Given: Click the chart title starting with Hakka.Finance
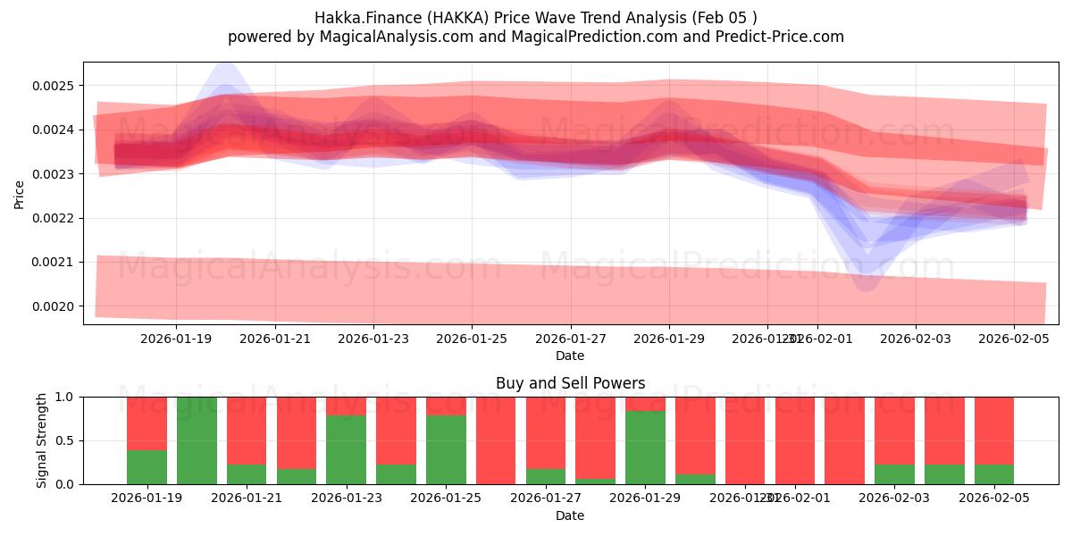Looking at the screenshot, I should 536,18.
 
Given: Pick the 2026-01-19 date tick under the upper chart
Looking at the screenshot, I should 175,339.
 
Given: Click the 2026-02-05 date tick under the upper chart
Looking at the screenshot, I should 1013,339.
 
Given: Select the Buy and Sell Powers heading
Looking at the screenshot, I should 570,383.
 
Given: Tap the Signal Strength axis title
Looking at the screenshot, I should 42,440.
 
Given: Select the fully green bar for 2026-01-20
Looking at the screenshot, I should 197,440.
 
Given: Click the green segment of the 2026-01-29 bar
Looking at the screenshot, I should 645,448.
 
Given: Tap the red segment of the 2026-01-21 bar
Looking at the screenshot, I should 247,430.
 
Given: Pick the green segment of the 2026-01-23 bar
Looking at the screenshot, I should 346,449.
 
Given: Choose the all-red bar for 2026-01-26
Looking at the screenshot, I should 496,440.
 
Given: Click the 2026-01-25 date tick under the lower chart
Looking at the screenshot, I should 446,498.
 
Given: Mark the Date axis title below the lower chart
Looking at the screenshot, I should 570,515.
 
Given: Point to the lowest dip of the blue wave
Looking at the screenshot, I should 866,284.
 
